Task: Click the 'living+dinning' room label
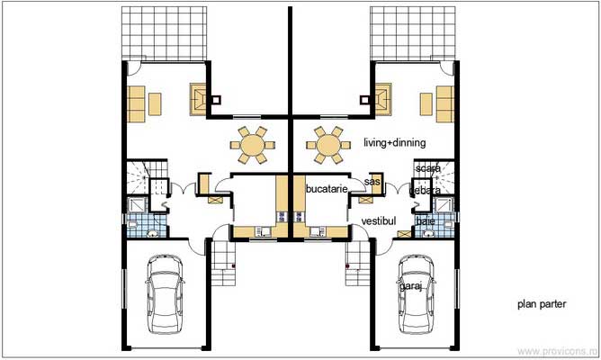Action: pos(394,143)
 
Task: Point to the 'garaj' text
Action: pos(411,286)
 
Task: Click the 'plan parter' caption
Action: pos(542,305)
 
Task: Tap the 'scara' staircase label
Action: pos(428,168)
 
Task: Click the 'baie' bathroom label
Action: pos(426,220)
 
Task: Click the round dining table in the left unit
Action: pos(253,144)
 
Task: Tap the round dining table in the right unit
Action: pos(328,144)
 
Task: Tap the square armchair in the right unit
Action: pos(383,100)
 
